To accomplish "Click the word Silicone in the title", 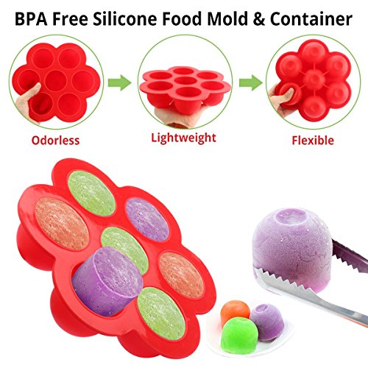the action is [x=124, y=19].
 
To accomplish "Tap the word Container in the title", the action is [x=311, y=19].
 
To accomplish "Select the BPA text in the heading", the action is [x=31, y=19].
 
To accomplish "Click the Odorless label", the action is [x=55, y=141].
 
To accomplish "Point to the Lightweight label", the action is [x=183, y=138].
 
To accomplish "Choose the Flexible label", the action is [x=313, y=141].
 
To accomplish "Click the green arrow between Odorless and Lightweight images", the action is [x=119, y=82].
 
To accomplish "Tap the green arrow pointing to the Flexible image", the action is [x=251, y=82].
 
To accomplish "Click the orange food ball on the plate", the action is [x=234, y=313].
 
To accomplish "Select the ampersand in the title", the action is [x=258, y=19].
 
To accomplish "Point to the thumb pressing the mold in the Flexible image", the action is [x=286, y=95].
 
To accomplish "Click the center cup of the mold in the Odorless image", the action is [x=56, y=81].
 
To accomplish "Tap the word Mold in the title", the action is [x=227, y=19].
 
